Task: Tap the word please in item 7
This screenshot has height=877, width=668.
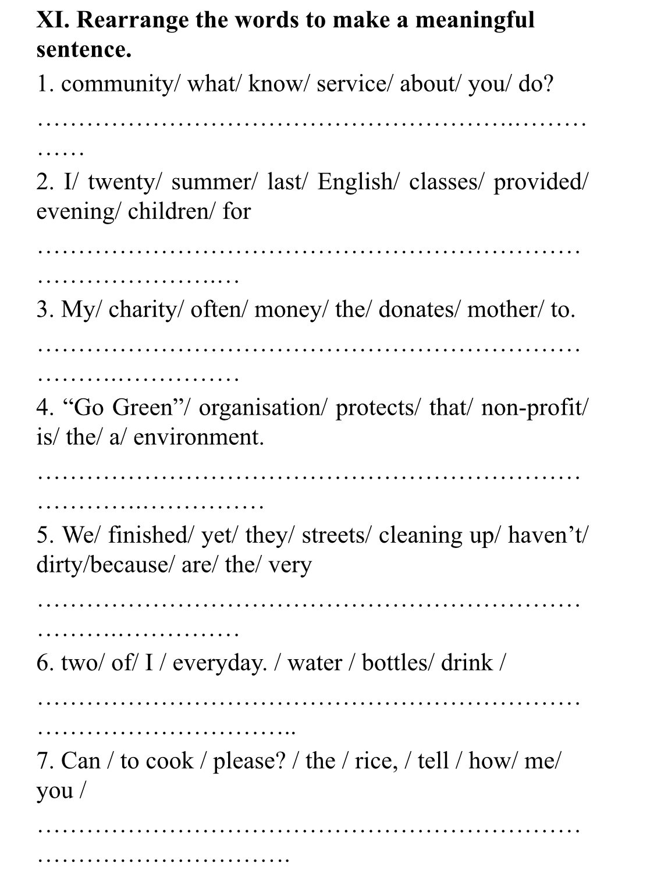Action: [x=249, y=761]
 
